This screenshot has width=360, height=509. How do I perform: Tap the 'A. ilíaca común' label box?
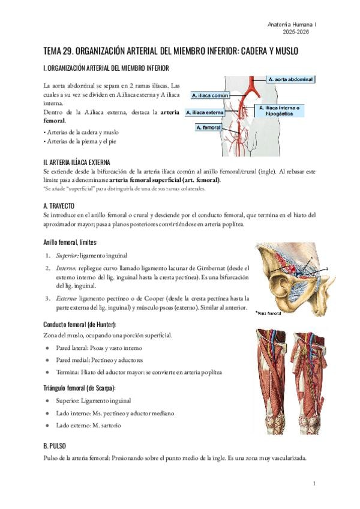(210, 95)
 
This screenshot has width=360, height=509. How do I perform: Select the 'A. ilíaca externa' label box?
(206, 112)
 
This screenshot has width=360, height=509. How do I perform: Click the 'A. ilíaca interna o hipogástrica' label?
(282, 109)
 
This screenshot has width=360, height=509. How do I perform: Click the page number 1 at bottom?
(314, 483)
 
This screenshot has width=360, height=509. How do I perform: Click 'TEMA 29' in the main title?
(59, 52)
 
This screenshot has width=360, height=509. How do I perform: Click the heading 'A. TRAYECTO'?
(59, 206)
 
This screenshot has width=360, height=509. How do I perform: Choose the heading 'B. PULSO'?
(55, 447)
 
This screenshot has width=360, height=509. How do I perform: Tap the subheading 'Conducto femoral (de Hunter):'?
(79, 325)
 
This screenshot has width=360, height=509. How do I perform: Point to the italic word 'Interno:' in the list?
(65, 267)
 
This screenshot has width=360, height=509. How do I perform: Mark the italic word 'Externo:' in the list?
(65, 298)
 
